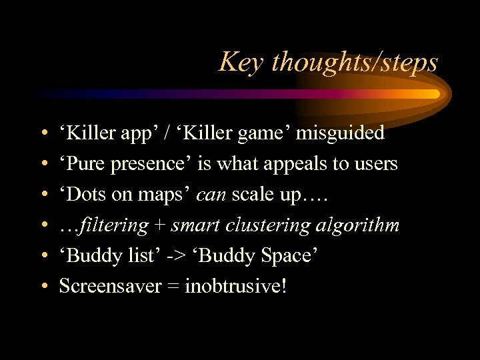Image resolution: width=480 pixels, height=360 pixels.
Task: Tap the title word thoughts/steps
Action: pyautogui.click(x=355, y=63)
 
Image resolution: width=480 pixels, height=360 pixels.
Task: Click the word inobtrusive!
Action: pyautogui.click(x=236, y=287)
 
